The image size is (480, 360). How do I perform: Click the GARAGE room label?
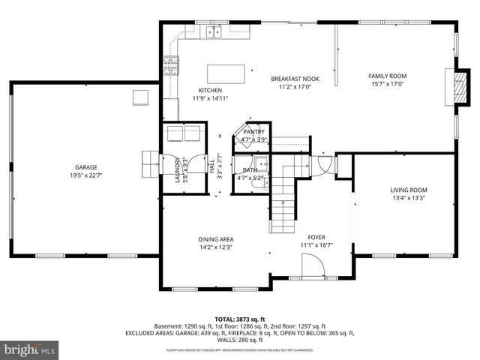(85, 167)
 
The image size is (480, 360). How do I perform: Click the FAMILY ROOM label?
(387, 76)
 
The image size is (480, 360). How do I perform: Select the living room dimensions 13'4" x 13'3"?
(409, 199)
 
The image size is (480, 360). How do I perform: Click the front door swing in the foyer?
(313, 265)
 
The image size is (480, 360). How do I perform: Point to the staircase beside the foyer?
(281, 199)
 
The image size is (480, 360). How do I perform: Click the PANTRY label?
(253, 131)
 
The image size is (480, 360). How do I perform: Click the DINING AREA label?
(216, 239)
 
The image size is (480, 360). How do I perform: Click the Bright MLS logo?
(30, 349)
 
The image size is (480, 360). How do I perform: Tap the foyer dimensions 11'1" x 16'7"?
(316, 245)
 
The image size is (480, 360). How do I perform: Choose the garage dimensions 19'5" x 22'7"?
(85, 175)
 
